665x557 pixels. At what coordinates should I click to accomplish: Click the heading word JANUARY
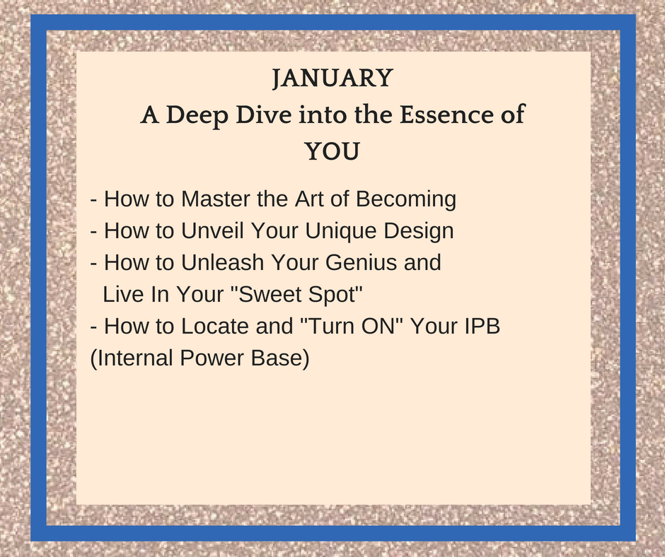(332, 78)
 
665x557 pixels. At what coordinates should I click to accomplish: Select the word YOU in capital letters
(332, 151)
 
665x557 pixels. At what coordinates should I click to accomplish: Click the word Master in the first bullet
(216, 199)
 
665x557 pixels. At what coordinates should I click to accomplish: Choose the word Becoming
(406, 199)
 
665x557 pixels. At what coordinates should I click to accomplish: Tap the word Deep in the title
(197, 115)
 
